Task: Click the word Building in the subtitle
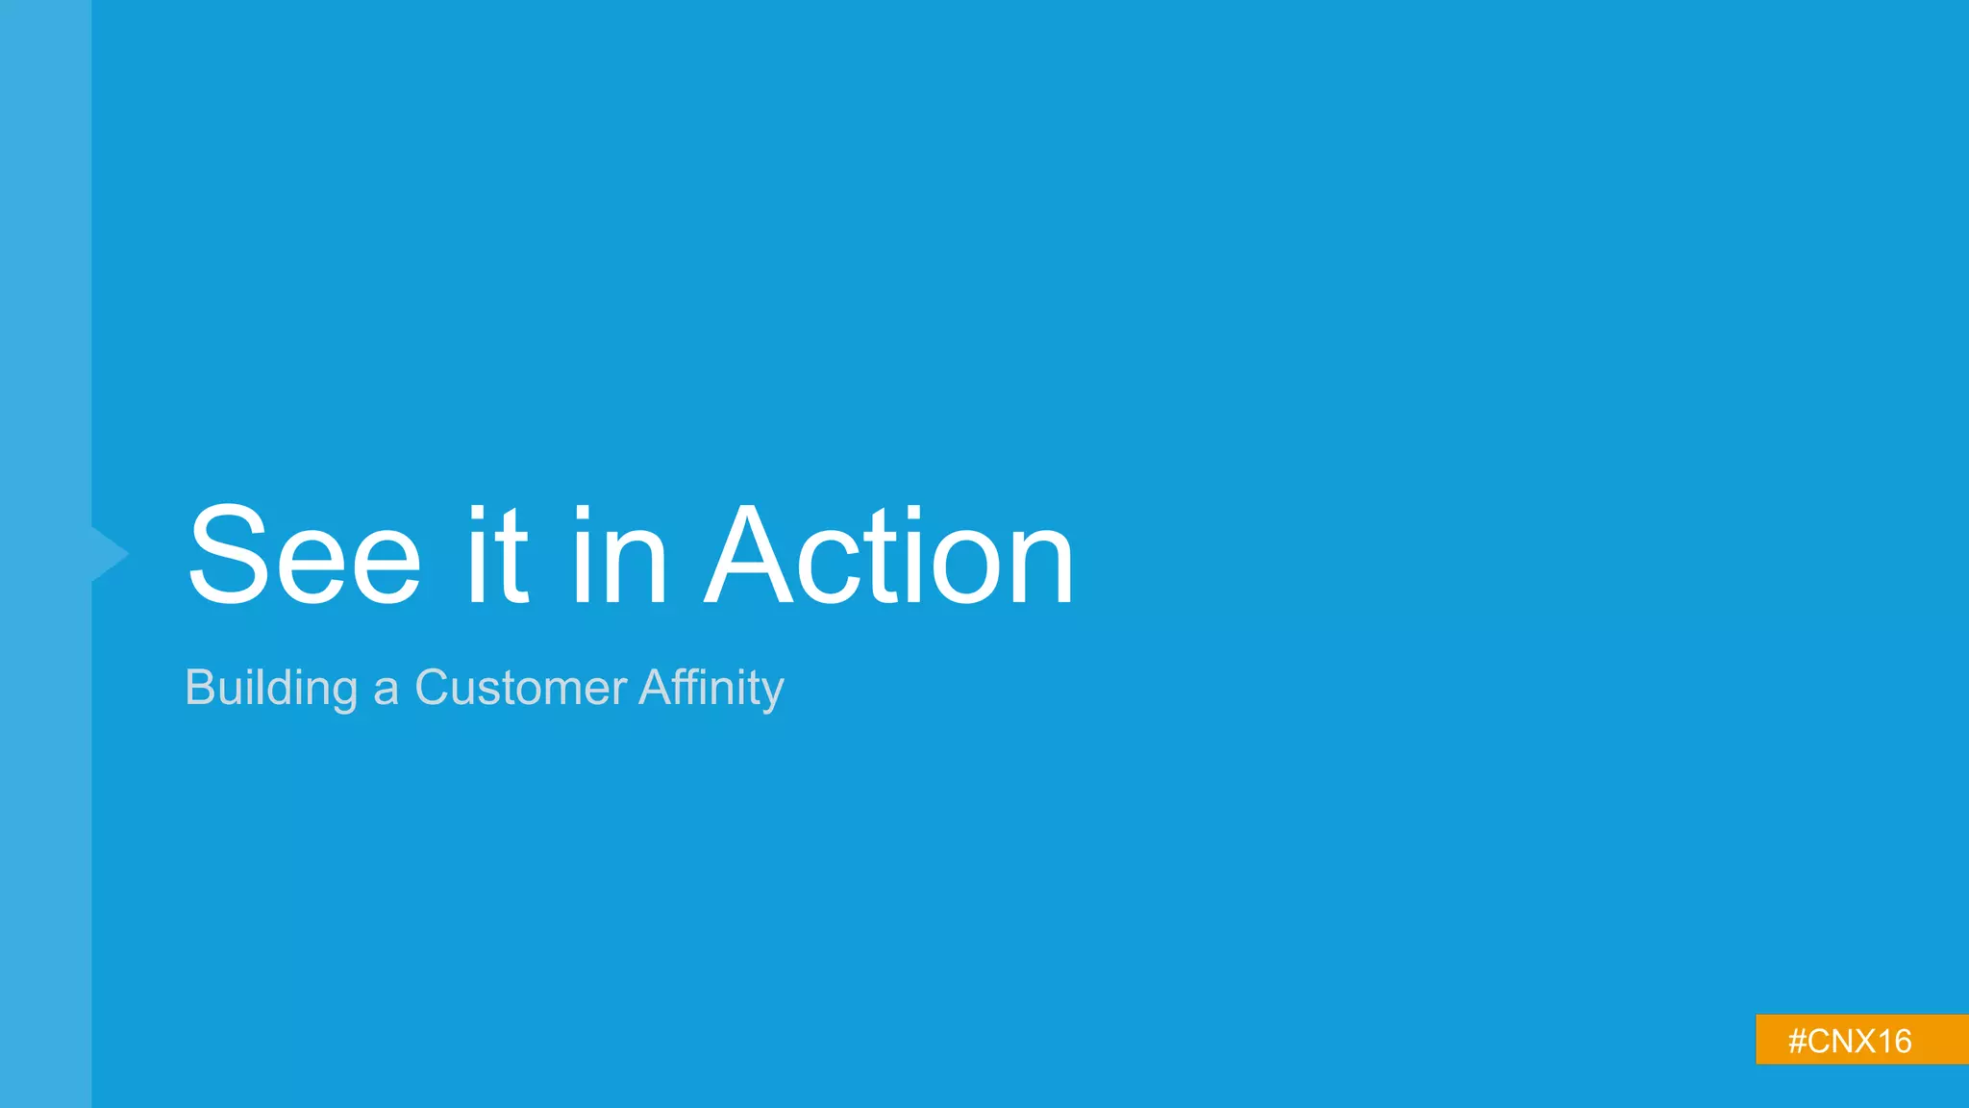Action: click(x=271, y=689)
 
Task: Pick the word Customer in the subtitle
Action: click(x=520, y=689)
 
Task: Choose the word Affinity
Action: click(x=711, y=689)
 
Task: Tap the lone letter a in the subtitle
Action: click(x=386, y=691)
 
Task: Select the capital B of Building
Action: click(x=200, y=688)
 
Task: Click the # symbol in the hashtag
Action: click(x=1798, y=1042)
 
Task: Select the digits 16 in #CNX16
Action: click(x=1893, y=1042)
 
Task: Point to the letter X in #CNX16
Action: click(x=1859, y=1042)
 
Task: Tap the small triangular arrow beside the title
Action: click(x=111, y=554)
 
